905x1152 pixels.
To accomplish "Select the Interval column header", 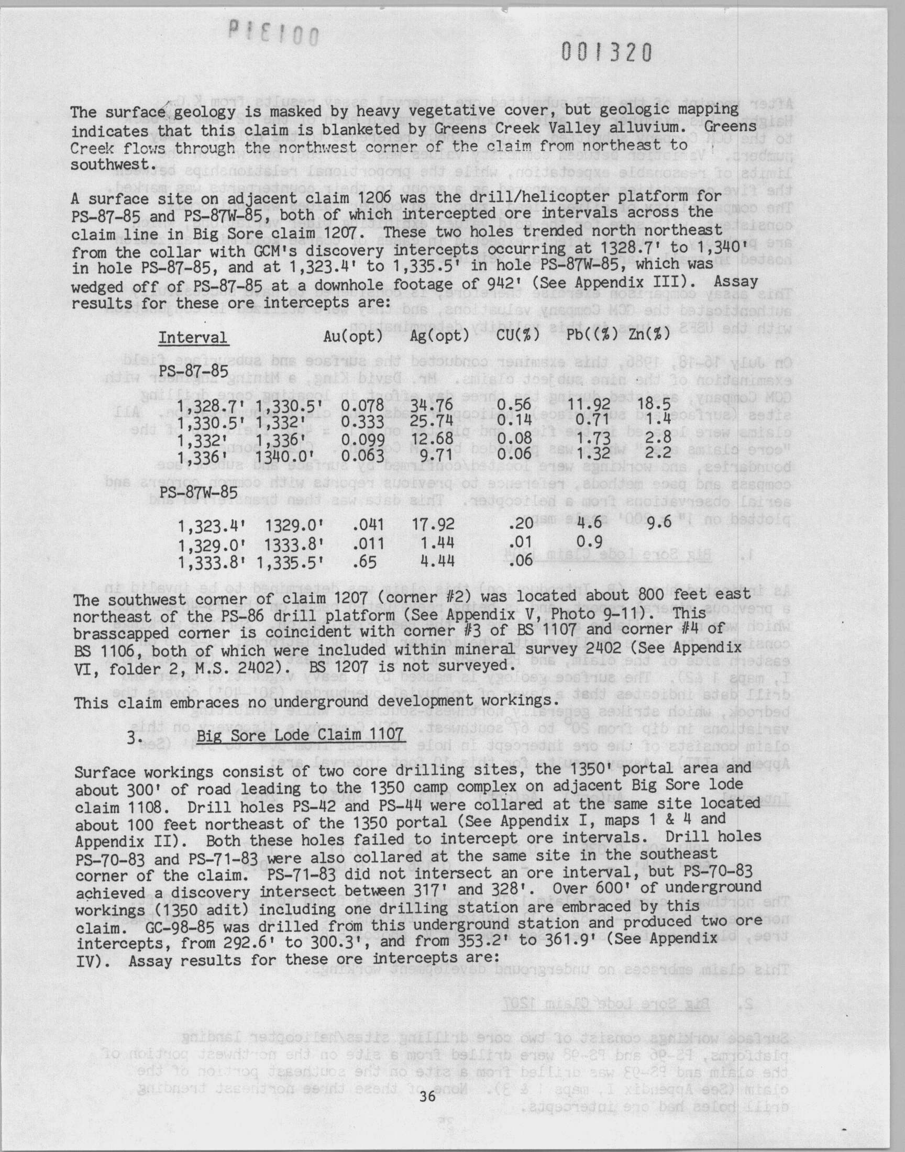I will tap(193, 337).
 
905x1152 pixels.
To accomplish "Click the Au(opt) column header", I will tap(353, 336).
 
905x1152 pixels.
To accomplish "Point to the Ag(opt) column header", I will tap(439, 336).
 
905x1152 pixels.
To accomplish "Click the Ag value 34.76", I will tap(432, 406).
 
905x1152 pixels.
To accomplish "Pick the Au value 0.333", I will tap(362, 422).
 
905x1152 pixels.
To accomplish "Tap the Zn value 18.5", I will tap(655, 405).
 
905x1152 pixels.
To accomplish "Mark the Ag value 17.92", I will tap(433, 524).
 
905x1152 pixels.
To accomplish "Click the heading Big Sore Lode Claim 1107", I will tap(300, 736).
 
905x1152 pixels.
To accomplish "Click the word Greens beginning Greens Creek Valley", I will tap(458, 129).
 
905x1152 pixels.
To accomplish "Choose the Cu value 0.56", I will tap(514, 405).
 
